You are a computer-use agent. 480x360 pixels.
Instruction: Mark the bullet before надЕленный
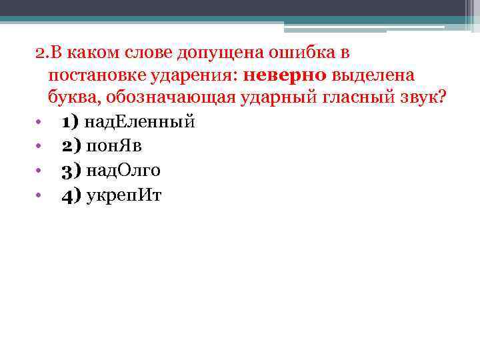[x=40, y=123]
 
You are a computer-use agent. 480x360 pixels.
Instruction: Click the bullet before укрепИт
[x=40, y=195]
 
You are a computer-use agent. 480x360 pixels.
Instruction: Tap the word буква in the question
[x=69, y=98]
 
